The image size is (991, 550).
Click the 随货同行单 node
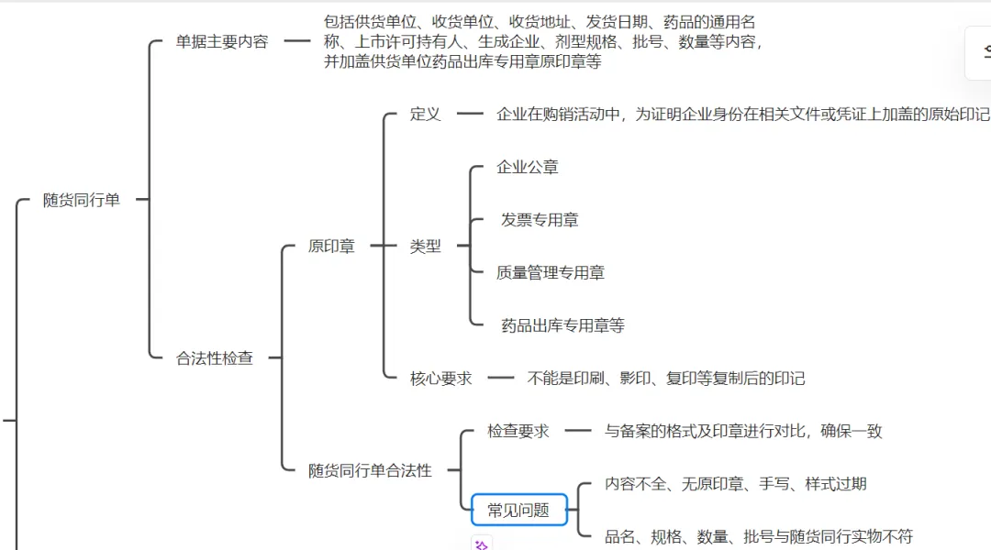pyautogui.click(x=82, y=200)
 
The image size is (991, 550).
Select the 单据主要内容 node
pyautogui.click(x=222, y=41)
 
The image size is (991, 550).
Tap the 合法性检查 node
pyautogui.click(x=215, y=358)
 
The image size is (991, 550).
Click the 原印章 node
pyautogui.click(x=331, y=246)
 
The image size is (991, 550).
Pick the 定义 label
pyautogui.click(x=426, y=115)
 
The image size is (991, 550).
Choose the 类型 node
pyautogui.click(x=426, y=246)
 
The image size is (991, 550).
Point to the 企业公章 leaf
pyautogui.click(x=528, y=167)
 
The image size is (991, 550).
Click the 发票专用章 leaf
pyautogui.click(x=540, y=220)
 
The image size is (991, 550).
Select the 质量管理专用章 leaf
pyautogui.click(x=551, y=272)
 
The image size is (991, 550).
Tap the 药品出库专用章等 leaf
pyautogui.click(x=562, y=325)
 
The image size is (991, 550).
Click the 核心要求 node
pyautogui.click(x=441, y=378)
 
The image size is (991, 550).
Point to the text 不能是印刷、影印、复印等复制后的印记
pyautogui.click(x=666, y=378)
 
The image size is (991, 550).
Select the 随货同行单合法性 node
pyautogui.click(x=370, y=470)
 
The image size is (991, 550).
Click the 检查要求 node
pyautogui.click(x=518, y=431)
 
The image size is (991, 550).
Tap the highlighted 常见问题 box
pyautogui.click(x=519, y=510)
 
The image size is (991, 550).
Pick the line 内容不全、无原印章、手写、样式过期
pyautogui.click(x=736, y=484)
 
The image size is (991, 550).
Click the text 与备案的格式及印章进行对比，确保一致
pyautogui.click(x=743, y=431)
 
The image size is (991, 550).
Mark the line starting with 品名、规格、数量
pyautogui.click(x=759, y=536)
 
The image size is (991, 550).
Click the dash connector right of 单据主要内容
pyautogui.click(x=297, y=41)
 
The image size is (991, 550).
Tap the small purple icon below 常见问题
pyautogui.click(x=482, y=544)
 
